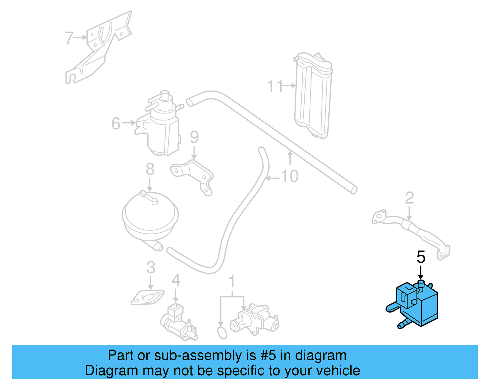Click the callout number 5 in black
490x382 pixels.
421,257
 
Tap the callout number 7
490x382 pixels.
69,38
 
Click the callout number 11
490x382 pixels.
275,86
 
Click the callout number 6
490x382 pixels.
116,123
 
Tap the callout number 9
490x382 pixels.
194,137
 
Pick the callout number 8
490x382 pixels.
150,169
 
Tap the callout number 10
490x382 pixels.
289,176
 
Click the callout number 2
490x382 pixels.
409,198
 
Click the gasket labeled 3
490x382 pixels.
147,298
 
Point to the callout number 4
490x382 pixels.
175,280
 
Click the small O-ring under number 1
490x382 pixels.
222,333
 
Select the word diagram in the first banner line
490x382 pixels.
321,355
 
